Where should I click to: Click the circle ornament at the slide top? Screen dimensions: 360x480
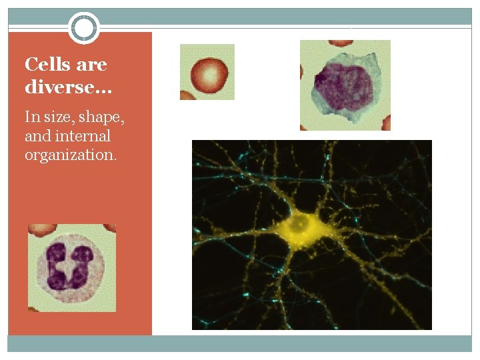tap(83, 28)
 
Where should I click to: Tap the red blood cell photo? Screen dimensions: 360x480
tap(207, 72)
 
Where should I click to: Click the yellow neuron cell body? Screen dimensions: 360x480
tap(303, 227)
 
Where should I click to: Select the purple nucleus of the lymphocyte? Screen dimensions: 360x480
tap(341, 83)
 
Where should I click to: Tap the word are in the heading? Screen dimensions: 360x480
tap(91, 65)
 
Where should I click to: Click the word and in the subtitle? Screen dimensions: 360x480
tap(37, 136)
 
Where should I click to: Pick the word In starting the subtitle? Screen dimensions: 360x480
tap(32, 117)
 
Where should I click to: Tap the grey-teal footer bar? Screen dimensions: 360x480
tap(240, 343)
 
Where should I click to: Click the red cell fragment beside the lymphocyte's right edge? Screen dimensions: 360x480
tap(385, 123)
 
